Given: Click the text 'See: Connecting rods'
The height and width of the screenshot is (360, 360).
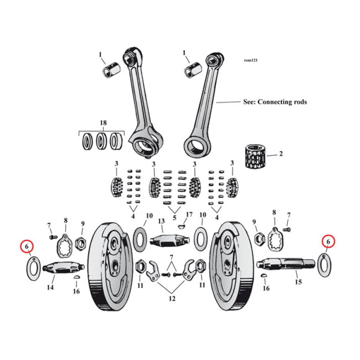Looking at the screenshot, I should coord(274,102).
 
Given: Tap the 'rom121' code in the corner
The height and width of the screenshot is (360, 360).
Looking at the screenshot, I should coord(251,60).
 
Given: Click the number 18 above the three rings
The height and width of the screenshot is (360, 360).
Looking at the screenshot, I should coord(103,123).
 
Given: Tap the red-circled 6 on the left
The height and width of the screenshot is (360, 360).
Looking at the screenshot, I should coord(27,247).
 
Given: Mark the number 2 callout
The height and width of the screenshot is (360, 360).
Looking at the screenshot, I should coord(281,154).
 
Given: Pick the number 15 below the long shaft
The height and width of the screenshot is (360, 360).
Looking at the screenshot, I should coord(298,282).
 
